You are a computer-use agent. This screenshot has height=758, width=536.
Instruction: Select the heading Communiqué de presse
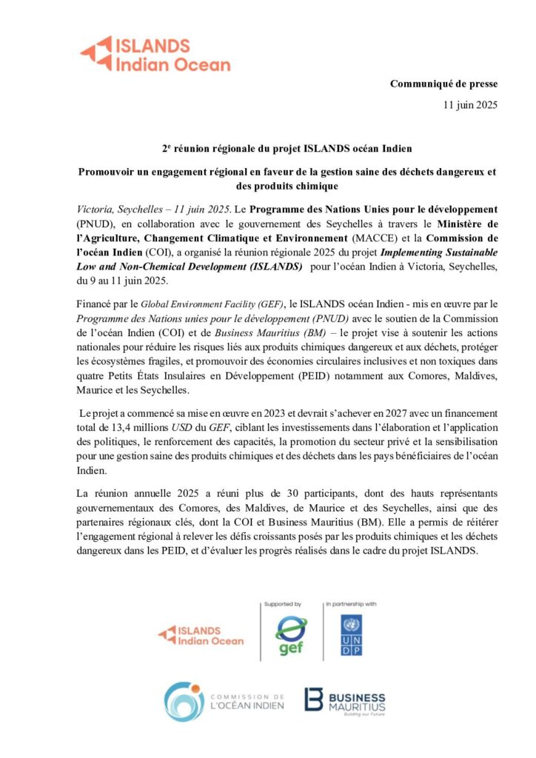(x=444, y=84)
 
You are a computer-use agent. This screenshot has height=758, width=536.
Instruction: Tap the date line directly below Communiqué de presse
(x=470, y=104)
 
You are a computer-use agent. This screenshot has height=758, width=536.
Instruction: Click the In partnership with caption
(x=351, y=604)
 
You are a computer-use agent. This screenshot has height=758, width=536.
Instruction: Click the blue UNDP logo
(x=351, y=634)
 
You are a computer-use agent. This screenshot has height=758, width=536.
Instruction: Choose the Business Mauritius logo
(x=344, y=701)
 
